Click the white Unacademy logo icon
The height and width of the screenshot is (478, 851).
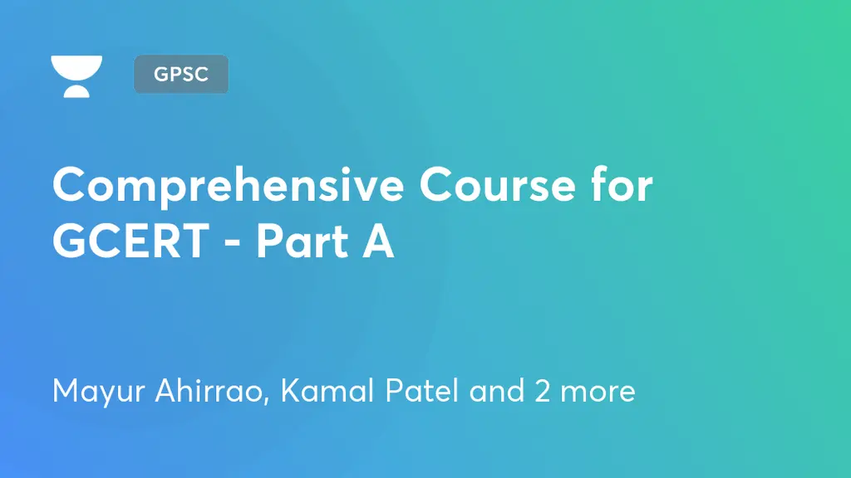[76, 76]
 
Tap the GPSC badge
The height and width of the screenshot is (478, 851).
[181, 74]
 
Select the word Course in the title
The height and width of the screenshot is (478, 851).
[497, 185]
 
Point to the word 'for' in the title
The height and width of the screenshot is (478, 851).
[622, 184]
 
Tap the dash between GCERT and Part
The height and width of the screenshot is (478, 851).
[233, 244]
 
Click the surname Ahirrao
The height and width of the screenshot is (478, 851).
[209, 390]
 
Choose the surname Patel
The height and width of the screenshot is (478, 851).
[421, 390]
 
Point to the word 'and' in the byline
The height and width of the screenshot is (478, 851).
[497, 390]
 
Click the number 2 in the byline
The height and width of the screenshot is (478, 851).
[542, 391]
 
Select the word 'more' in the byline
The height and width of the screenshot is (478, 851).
[598, 394]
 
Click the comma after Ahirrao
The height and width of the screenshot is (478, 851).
[266, 402]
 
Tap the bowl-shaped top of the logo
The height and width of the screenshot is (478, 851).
[76, 68]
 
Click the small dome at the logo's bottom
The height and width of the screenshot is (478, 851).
[76, 91]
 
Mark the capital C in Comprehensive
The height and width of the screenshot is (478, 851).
[71, 185]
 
